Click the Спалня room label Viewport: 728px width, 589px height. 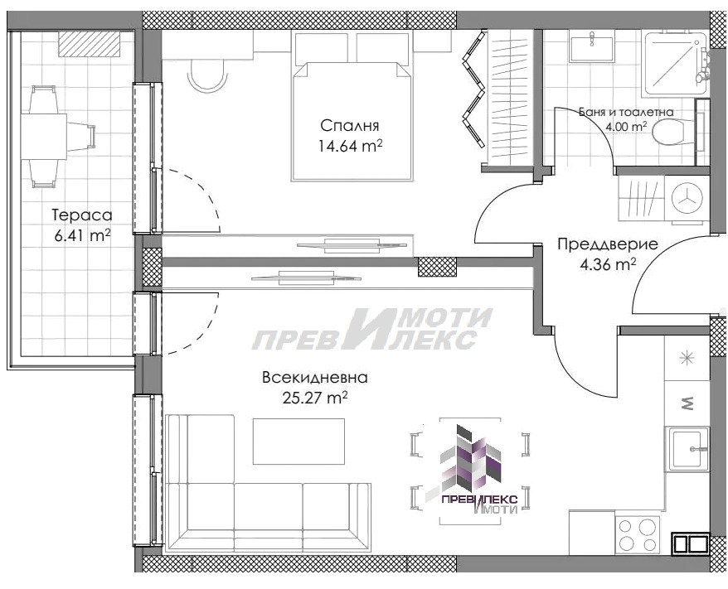click(350, 126)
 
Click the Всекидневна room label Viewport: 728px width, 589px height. click(314, 377)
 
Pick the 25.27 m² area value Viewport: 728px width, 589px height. click(314, 398)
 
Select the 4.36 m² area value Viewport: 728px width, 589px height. click(609, 264)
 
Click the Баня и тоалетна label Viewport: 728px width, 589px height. click(626, 111)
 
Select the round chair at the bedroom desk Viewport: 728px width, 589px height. click(207, 77)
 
